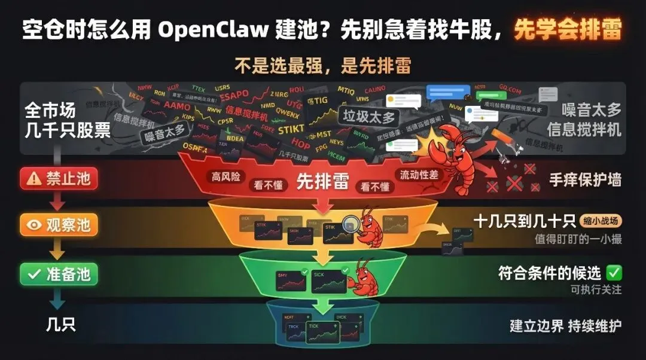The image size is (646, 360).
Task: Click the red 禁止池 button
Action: pos(58,178)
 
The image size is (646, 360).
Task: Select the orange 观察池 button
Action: pos(58,225)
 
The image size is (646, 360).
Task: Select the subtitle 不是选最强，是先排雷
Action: pos(322,64)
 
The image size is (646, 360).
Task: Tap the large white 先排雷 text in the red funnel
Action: pos(322,182)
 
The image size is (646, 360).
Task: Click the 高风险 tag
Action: pos(225,177)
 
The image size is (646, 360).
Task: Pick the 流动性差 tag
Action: pos(416,175)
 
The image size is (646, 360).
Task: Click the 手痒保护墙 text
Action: pos(585,180)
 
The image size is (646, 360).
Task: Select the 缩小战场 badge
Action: pos(600,221)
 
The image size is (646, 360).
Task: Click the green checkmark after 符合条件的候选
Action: pos(614,273)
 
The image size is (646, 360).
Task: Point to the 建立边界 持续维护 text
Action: pos(565,326)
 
